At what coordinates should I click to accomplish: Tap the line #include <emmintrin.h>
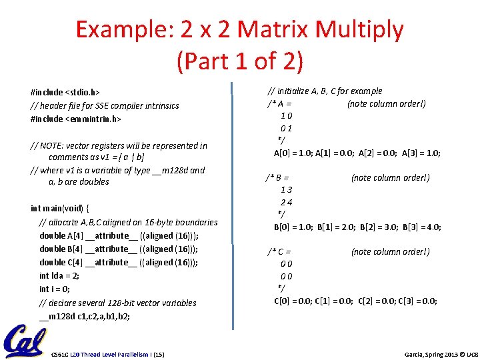(75, 119)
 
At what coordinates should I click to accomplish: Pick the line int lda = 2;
(60, 275)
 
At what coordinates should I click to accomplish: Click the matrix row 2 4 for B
(287, 202)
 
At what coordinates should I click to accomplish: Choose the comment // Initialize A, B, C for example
(325, 91)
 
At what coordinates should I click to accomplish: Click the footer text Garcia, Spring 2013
(423, 353)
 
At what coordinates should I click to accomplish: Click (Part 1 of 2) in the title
(240, 61)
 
